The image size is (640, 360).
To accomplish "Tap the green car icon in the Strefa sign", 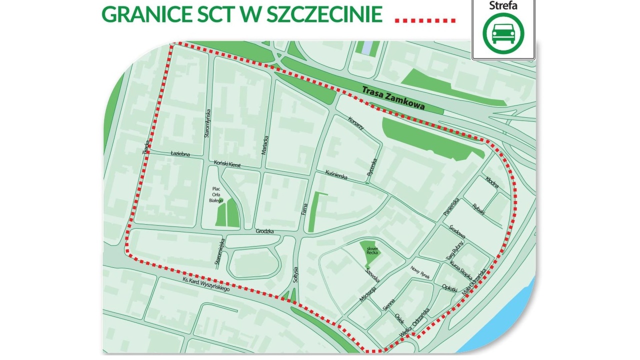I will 503,33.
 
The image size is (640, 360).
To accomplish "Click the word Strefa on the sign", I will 503,6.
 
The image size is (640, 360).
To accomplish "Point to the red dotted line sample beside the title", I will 425,20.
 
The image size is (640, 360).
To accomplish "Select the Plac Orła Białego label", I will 216,194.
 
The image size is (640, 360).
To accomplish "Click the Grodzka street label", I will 265,231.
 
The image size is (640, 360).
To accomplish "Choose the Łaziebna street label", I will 180,154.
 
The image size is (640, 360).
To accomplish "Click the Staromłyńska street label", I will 207,123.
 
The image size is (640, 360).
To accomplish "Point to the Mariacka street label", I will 265,145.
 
